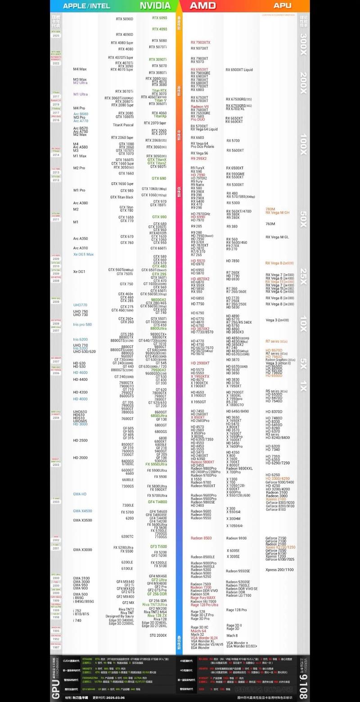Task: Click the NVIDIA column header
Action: [155, 5]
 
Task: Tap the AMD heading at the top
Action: [202, 5]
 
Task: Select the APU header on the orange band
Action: [282, 5]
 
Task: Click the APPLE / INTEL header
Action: [86, 6]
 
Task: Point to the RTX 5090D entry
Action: [125, 19]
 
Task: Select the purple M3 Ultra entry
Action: [80, 83]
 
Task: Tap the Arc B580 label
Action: [81, 114]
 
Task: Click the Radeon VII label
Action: [200, 107]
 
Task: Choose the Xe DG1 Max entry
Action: [83, 255]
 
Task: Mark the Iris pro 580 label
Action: [82, 324]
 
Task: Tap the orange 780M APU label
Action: [270, 209]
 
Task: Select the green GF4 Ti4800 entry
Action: [157, 501]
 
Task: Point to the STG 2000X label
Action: [158, 635]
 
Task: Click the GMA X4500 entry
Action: [82, 511]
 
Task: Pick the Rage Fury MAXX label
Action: [202, 597]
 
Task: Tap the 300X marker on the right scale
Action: [304, 44]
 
